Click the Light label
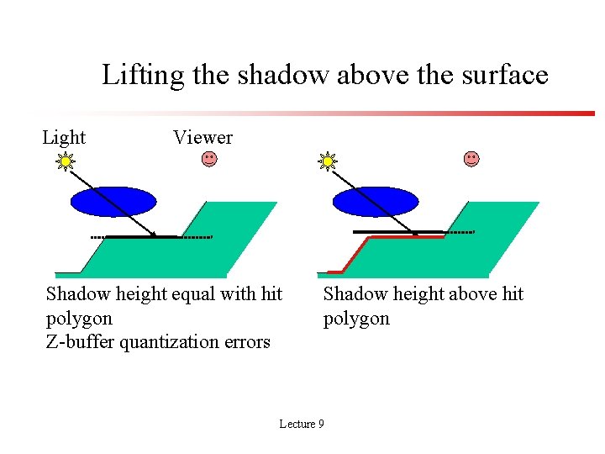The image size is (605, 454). tap(64, 137)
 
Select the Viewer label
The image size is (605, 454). tap(203, 137)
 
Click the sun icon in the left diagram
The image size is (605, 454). tap(65, 161)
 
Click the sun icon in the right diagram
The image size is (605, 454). tap(327, 161)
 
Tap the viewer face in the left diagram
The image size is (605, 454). tap(208, 159)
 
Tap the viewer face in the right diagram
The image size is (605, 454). tap(471, 159)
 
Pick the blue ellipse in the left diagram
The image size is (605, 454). tap(113, 202)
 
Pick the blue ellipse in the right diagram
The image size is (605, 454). tap(376, 202)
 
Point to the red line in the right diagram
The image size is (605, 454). tap(403, 238)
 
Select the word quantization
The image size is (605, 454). tap(171, 341)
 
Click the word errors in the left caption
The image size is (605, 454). tap(249, 341)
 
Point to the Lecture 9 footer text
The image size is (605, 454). tap(302, 424)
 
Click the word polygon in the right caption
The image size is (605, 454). tap(356, 318)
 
